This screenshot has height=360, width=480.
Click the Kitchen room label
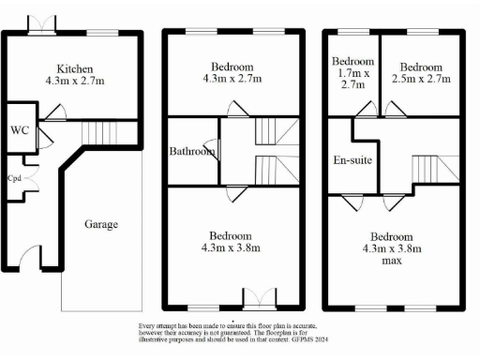pos(74,69)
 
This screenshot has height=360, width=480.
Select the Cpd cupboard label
pos(15,177)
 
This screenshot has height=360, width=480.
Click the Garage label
pos(101,224)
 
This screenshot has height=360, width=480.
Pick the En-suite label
pos(352,160)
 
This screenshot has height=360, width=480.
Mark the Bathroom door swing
pos(214,148)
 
